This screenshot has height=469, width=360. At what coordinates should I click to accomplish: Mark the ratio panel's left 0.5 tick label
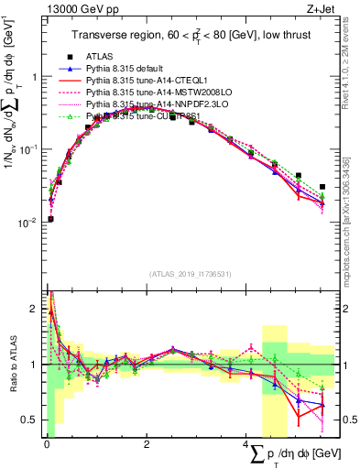(31, 420)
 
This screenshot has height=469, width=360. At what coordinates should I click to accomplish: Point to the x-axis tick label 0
(47, 444)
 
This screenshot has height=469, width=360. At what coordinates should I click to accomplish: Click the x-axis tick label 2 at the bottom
(147, 444)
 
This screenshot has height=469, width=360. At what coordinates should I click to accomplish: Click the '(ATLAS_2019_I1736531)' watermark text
(189, 274)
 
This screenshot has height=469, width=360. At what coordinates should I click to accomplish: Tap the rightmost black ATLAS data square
(322, 187)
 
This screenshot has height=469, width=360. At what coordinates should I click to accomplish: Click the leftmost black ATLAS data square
(50, 219)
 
